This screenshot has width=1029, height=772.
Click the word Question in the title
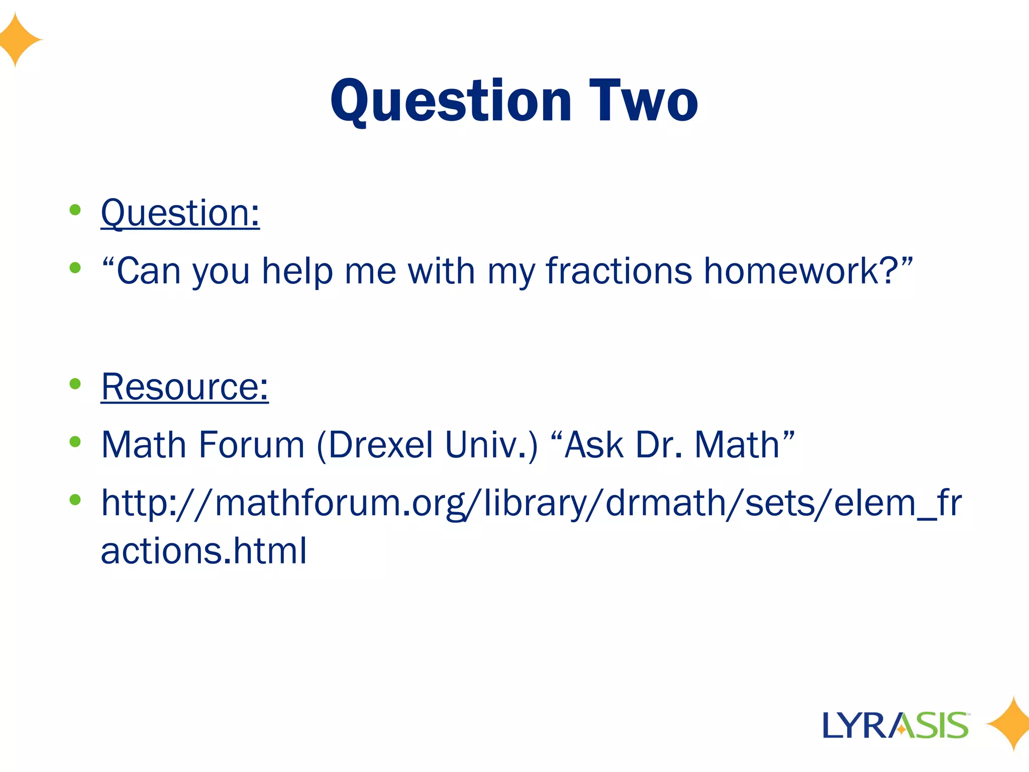pos(451,102)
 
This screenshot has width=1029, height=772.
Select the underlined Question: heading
pos(180,213)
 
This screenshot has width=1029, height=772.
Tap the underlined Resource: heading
pos(184,387)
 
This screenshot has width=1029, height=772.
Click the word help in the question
pos(297,272)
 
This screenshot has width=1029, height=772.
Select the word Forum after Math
pos(251,445)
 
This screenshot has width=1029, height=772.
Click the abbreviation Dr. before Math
pos(659,445)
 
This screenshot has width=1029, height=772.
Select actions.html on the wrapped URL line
pos(203,551)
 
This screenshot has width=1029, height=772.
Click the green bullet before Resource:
pos(75,384)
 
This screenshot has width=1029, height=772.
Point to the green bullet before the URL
pos(75,500)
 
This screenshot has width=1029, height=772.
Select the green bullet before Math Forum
pos(75,442)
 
